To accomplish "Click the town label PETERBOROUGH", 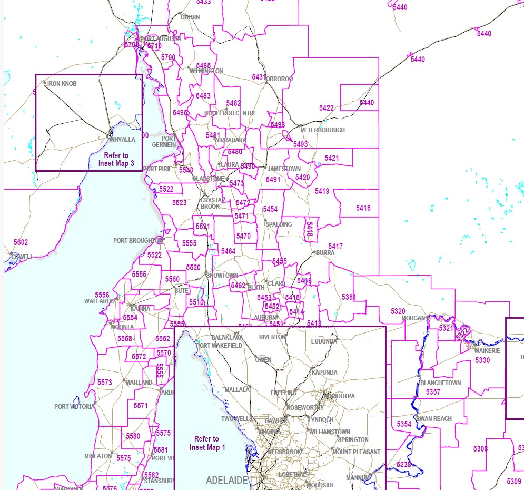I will coord(323,130).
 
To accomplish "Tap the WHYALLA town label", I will coord(122,140).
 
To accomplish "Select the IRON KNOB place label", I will coord(62,84).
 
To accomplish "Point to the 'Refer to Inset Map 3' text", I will coord(116,160).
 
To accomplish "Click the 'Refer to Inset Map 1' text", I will coord(207,443).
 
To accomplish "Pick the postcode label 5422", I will coord(327,108).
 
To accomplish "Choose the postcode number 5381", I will coord(349,297).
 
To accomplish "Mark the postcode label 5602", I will coord(21,242).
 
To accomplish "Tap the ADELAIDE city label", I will coord(226,481).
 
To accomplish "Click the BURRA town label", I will coord(325,253).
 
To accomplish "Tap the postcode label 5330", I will coord(482,360).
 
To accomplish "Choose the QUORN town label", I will coord(190,17).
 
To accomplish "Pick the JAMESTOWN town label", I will coord(284,169).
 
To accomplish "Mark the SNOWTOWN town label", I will coord(222,276).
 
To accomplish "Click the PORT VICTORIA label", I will coord(74,407).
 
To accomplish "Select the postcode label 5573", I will coord(105,382).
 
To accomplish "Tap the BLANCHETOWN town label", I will coord(441,383).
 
